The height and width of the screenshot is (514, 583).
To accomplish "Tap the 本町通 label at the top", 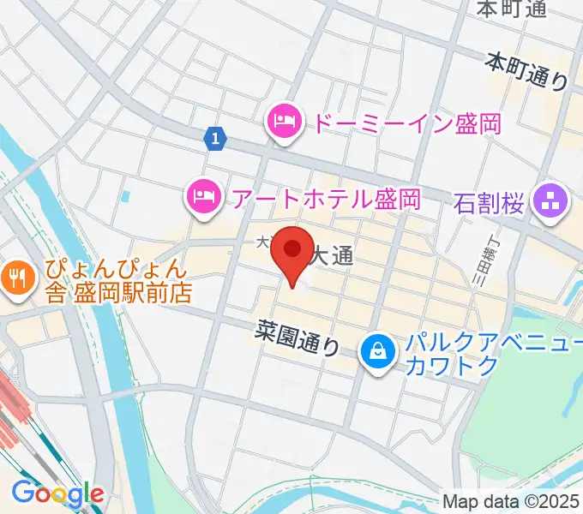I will click(x=511, y=9).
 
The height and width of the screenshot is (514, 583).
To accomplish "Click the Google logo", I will click(x=57, y=494).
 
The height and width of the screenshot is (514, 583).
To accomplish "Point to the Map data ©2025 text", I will click(x=512, y=501).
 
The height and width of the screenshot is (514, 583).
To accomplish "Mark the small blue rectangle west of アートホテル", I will click(x=126, y=196).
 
